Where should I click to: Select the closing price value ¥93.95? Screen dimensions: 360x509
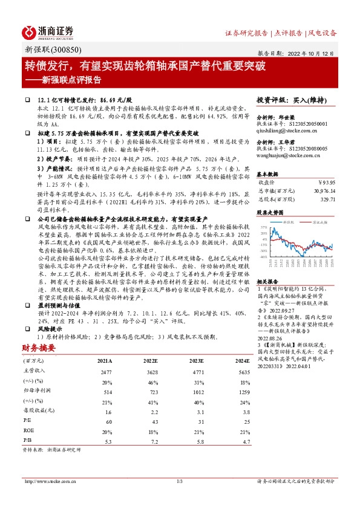[324, 181]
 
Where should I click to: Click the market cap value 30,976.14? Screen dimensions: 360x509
[321, 189]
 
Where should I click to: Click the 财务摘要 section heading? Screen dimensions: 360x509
[39, 348]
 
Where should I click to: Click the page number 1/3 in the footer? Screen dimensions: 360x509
[180, 481]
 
